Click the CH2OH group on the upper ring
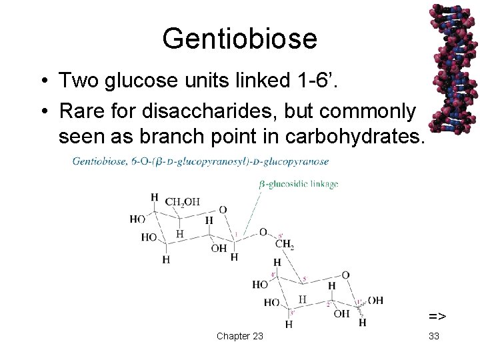pyautogui.click(x=183, y=202)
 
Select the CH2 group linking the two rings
pyautogui.click(x=285, y=245)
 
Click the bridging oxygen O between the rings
pyautogui.click(x=263, y=232)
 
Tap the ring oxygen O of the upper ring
pyautogui.click(x=223, y=209)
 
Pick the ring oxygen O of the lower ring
pyautogui.click(x=345, y=275)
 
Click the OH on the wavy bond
pyautogui.click(x=375, y=301)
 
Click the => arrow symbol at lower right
pyautogui.click(x=437, y=315)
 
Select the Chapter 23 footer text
pyautogui.click(x=239, y=336)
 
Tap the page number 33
pyautogui.click(x=434, y=336)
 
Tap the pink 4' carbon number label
pyautogui.click(x=273, y=275)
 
